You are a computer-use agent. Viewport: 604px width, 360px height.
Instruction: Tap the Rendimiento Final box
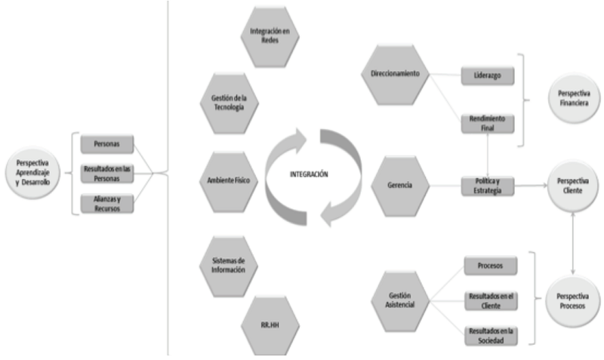click(487, 123)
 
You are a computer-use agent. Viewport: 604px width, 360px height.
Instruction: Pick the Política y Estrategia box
click(487, 186)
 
